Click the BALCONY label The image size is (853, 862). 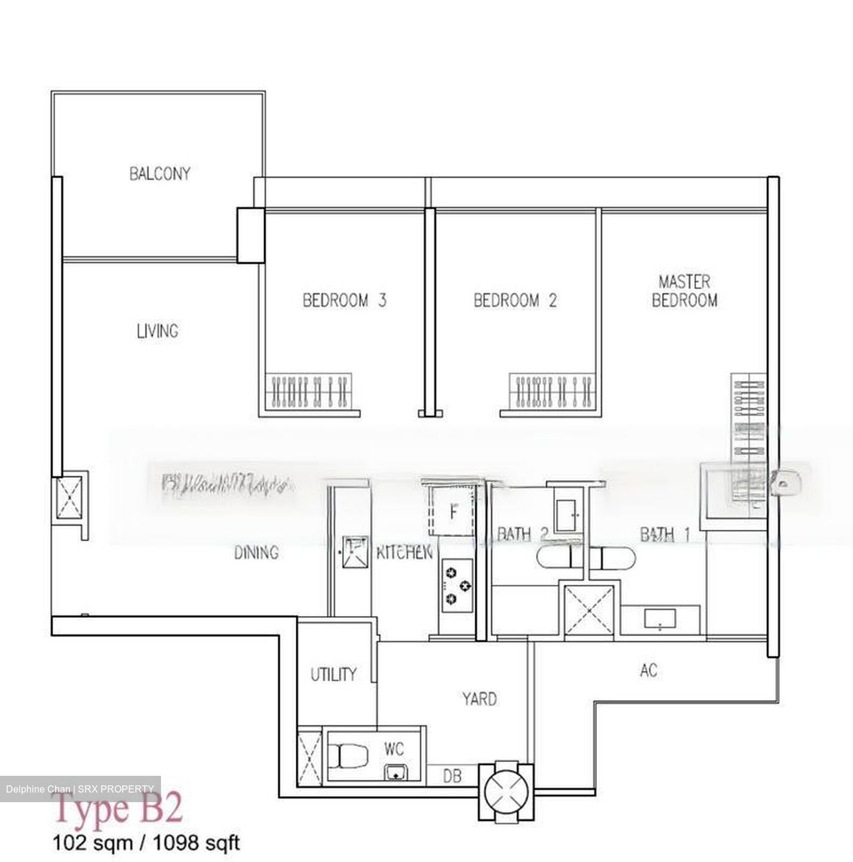[159, 174]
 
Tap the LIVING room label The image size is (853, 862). [157, 331]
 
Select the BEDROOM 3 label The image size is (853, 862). [344, 300]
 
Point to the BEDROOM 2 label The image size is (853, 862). [515, 300]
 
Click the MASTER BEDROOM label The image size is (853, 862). [684, 291]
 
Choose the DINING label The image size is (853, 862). [256, 553]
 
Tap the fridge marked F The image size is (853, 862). [453, 512]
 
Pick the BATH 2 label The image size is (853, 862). [523, 534]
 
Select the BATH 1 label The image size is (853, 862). [664, 534]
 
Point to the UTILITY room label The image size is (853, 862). [333, 675]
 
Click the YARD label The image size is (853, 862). [479, 699]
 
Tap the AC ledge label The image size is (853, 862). [649, 670]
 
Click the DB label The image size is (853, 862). [453, 776]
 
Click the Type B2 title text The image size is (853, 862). [119, 809]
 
